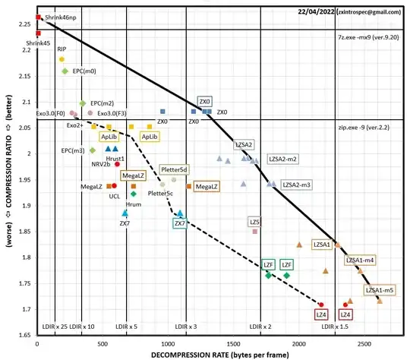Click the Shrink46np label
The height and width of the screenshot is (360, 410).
tap(60, 17)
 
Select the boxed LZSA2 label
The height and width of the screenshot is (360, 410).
tap(244, 144)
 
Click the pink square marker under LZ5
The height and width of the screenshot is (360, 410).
tap(255, 232)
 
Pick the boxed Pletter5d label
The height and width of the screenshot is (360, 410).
tap(175, 169)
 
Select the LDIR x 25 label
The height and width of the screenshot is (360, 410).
tap(54, 326)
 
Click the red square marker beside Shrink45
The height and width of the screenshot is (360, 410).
tap(37, 33)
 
